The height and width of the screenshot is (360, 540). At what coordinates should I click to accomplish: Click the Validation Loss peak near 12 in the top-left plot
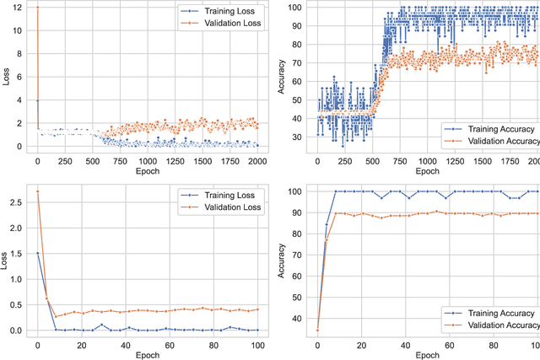pyautogui.click(x=37, y=8)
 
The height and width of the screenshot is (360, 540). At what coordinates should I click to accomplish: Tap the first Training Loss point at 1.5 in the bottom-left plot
pyautogui.click(x=37, y=252)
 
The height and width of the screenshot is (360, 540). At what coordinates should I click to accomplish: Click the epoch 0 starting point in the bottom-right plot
pyautogui.click(x=317, y=330)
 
